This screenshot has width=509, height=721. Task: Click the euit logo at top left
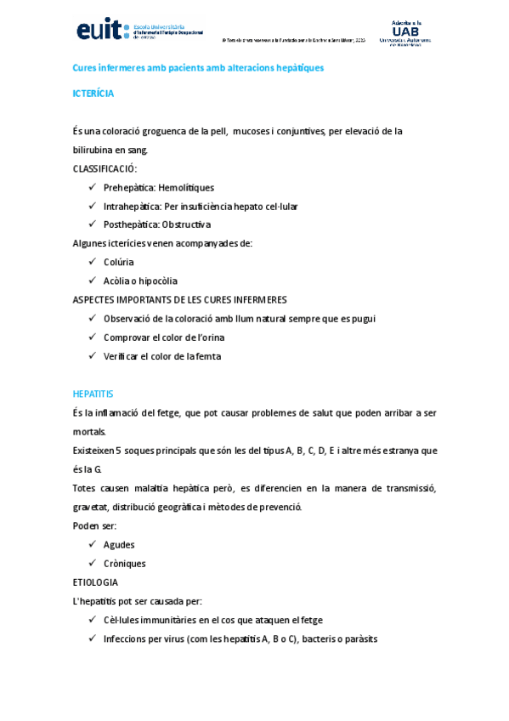coord(136,31)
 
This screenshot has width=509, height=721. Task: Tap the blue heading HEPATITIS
coord(93,395)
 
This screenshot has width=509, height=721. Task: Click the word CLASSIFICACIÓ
coord(104,168)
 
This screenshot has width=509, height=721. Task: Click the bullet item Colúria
coord(119,262)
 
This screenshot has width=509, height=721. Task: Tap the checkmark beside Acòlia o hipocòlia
coord(92,281)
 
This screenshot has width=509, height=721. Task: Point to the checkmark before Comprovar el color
coord(92,338)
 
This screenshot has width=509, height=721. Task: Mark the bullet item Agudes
coord(119,544)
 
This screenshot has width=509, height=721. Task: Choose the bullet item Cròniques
coord(124,563)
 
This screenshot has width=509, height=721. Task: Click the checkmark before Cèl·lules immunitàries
coord(92,620)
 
